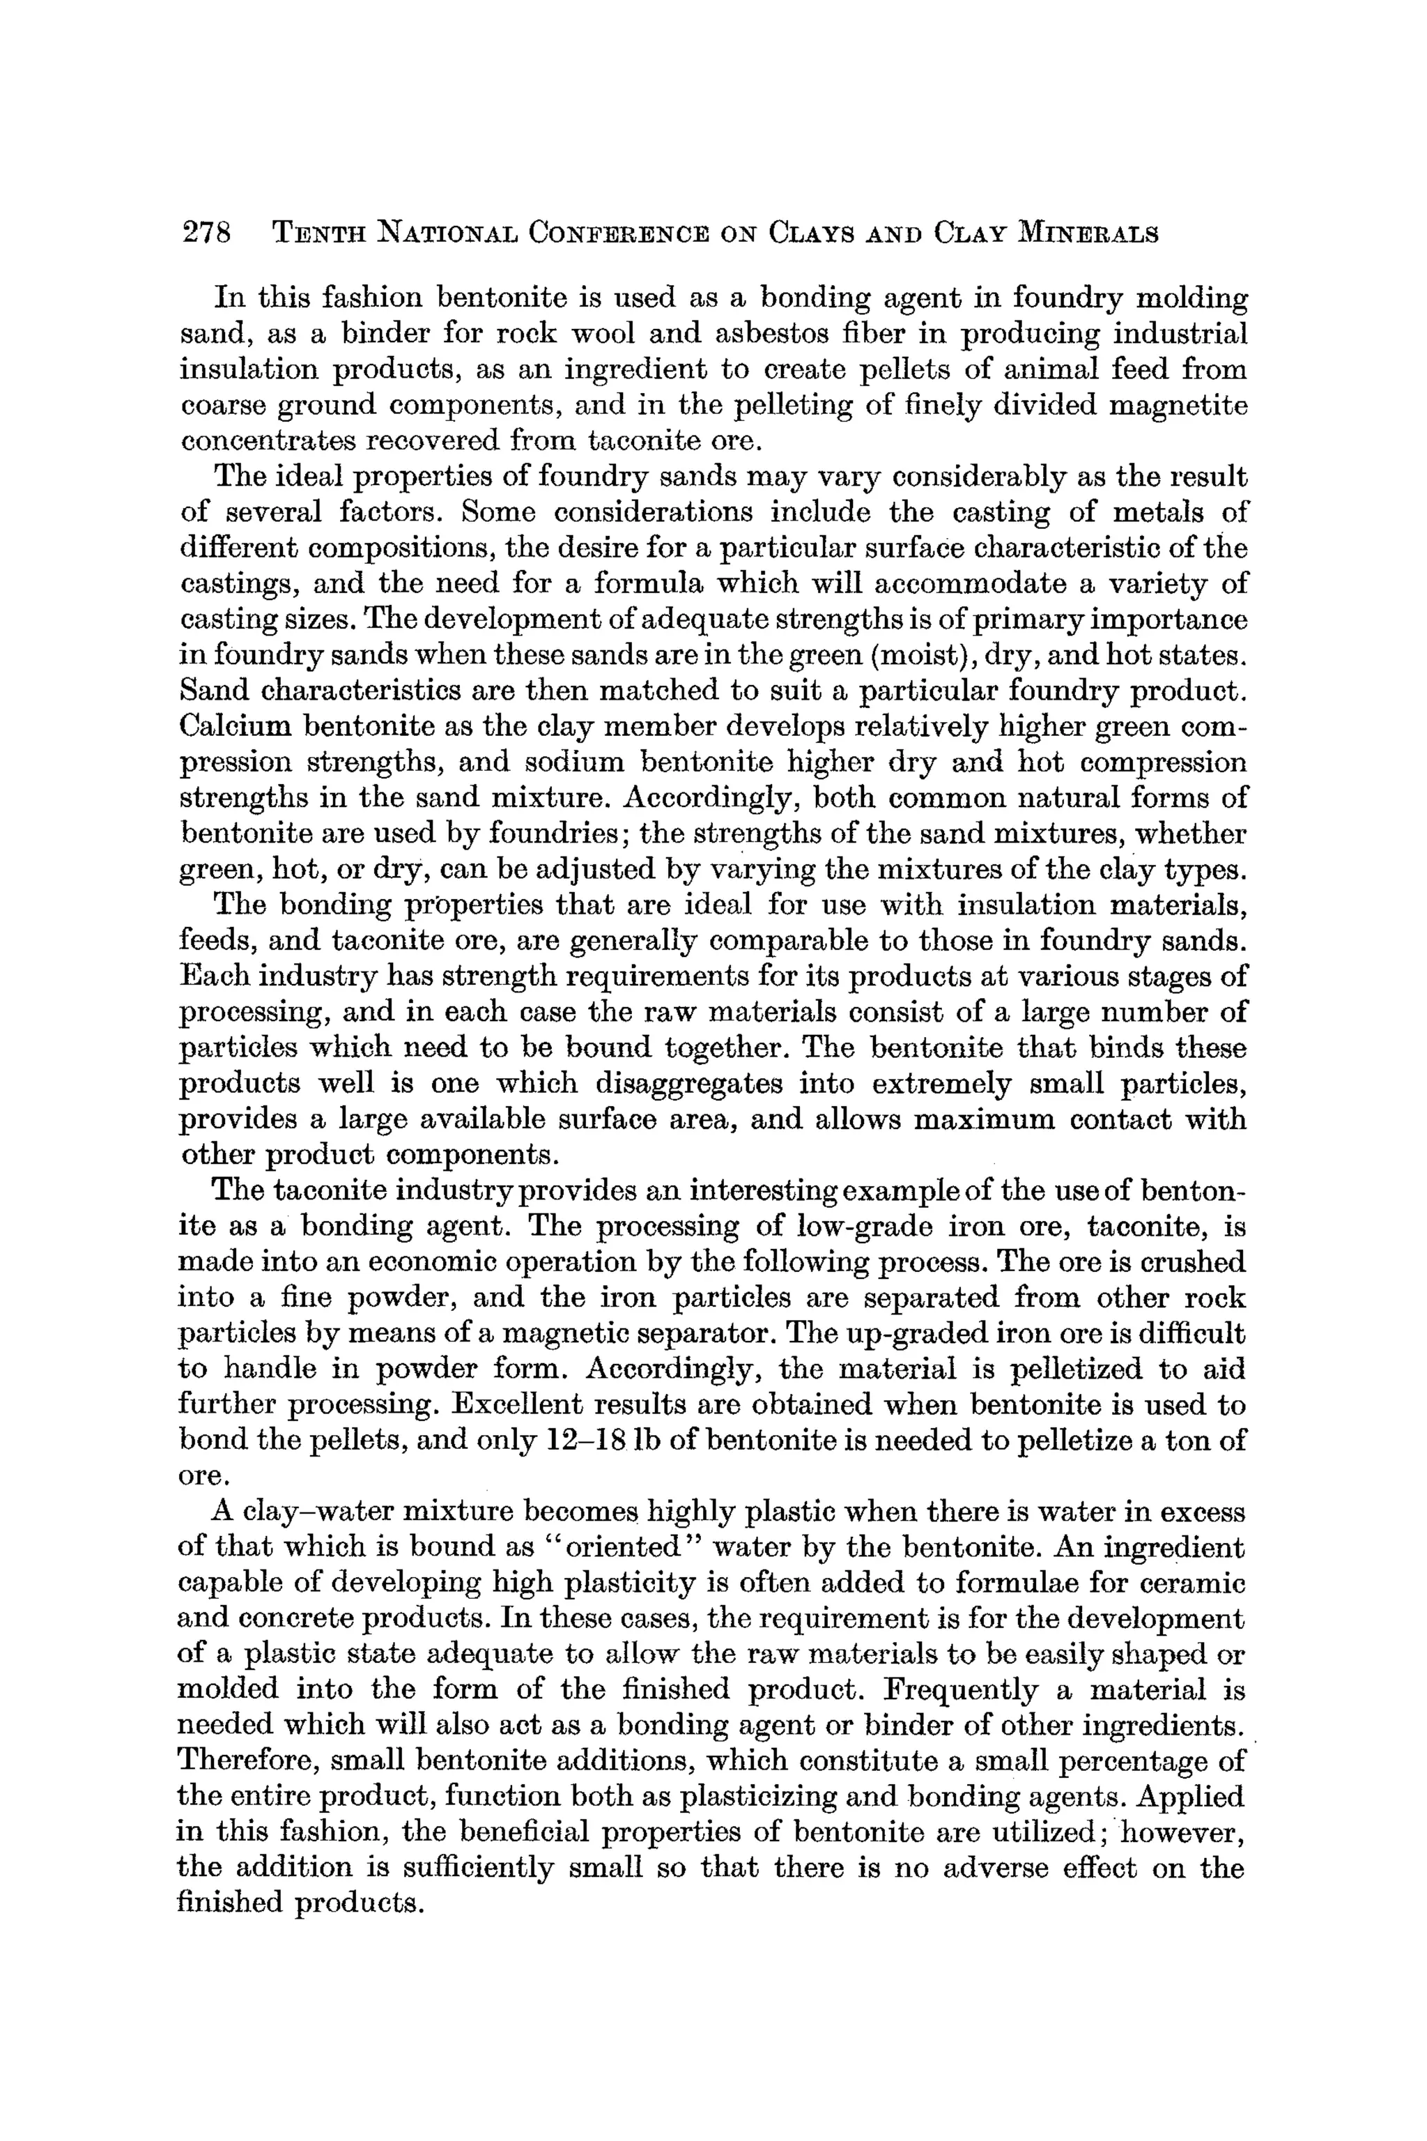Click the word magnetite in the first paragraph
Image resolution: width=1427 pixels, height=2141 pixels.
[1178, 405]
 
